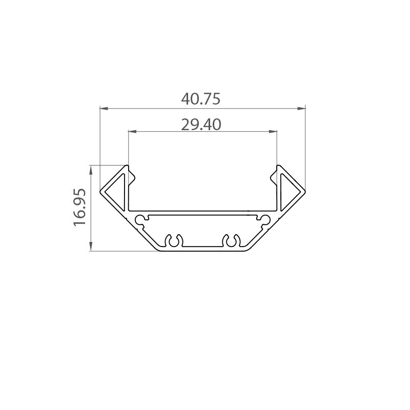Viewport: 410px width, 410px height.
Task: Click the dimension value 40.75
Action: click(201, 99)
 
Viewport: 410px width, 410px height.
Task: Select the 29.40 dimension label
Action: click(201, 124)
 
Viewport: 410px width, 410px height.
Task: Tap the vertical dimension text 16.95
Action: click(80, 208)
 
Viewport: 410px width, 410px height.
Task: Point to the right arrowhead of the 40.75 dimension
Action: click(301, 108)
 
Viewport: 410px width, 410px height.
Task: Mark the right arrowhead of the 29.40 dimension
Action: click(274, 132)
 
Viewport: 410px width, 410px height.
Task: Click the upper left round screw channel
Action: click(139, 220)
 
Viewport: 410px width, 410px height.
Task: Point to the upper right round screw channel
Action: click(265, 220)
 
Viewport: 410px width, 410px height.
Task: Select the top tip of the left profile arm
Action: click(127, 165)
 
